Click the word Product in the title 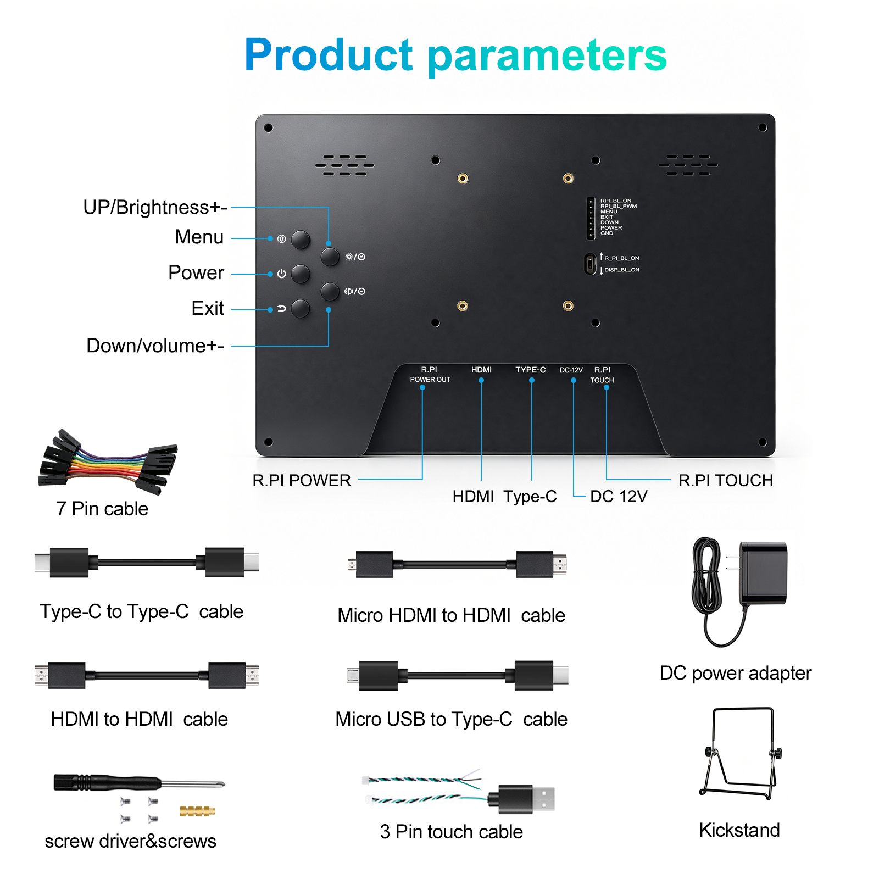tap(329, 55)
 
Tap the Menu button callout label tap(199, 237)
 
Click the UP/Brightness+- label tap(155, 207)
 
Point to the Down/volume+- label tap(155, 346)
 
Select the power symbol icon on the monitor tap(282, 274)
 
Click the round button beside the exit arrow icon tap(301, 309)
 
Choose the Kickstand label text tap(739, 830)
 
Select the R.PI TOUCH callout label tap(726, 480)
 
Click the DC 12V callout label tap(619, 497)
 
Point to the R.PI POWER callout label tap(302, 480)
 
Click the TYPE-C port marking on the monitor tap(531, 370)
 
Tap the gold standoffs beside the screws tap(197, 810)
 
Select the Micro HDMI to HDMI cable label tap(451, 615)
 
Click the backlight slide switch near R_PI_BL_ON tap(590, 264)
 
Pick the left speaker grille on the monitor tap(344, 165)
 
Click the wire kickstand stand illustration tap(741, 753)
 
